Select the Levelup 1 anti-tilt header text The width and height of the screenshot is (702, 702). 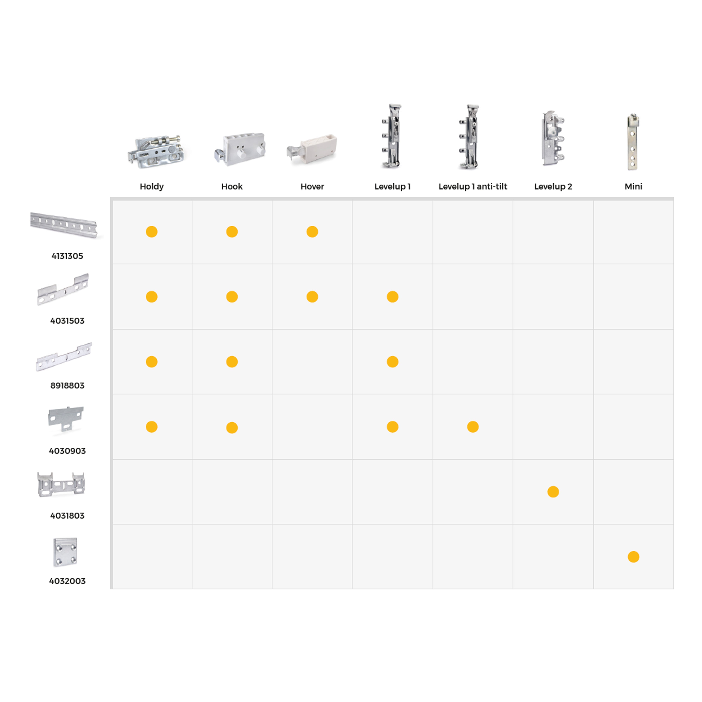[x=473, y=186]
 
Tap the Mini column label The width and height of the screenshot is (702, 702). [x=633, y=186]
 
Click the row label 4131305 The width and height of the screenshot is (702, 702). [x=67, y=256]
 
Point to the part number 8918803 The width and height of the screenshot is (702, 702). [x=67, y=386]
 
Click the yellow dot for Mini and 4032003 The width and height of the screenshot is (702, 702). [x=633, y=557]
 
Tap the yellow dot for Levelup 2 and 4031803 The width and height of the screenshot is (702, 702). [x=553, y=492]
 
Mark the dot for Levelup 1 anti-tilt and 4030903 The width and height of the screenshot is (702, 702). [x=473, y=427]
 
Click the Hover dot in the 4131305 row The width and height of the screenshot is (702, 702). [x=312, y=231]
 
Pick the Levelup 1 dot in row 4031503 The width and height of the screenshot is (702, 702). [x=392, y=296]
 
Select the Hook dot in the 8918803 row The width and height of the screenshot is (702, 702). [x=232, y=362]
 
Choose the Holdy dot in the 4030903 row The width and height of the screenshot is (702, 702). [x=151, y=427]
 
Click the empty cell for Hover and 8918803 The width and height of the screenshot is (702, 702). [x=312, y=362]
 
